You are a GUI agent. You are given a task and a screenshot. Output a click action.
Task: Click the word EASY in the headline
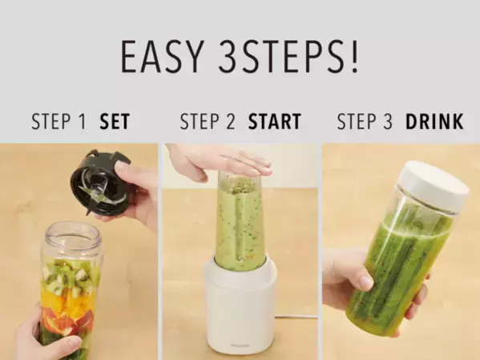coord(162,56)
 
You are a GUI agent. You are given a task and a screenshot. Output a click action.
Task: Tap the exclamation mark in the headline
coord(354,56)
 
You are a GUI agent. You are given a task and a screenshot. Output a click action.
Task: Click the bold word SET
coord(115,121)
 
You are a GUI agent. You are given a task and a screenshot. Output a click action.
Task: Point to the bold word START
coord(274,121)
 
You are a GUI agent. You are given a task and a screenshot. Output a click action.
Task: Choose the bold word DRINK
coord(434,121)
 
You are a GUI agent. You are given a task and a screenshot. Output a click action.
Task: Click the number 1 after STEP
coord(83,121)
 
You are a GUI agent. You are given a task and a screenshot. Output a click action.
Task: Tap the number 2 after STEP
coord(231,121)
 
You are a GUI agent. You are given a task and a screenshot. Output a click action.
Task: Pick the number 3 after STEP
coord(388,121)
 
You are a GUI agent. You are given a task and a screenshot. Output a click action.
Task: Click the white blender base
coord(240,306)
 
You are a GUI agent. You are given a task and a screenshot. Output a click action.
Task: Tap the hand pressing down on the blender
coord(219,163)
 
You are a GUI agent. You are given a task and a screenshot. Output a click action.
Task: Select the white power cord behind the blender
coord(296,318)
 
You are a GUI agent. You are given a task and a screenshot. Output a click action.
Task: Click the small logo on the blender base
coord(240,346)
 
